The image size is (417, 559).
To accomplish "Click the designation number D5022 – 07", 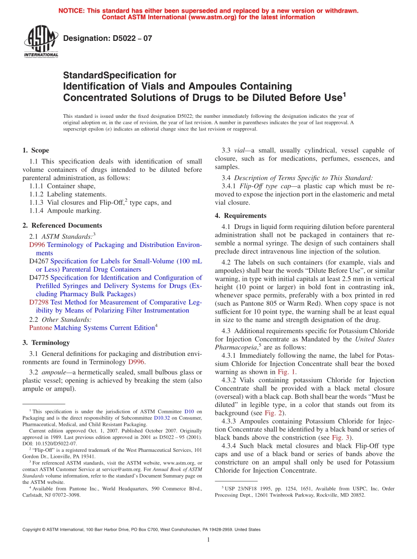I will pos(108,38).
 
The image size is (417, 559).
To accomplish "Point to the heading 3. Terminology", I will pos(46,342).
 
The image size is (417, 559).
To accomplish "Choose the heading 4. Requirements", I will pos(241,215).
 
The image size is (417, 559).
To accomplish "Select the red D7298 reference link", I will pos(39,302).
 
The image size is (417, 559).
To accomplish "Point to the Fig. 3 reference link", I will pos(340,438).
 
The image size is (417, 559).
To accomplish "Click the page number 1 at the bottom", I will pos(208,540).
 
